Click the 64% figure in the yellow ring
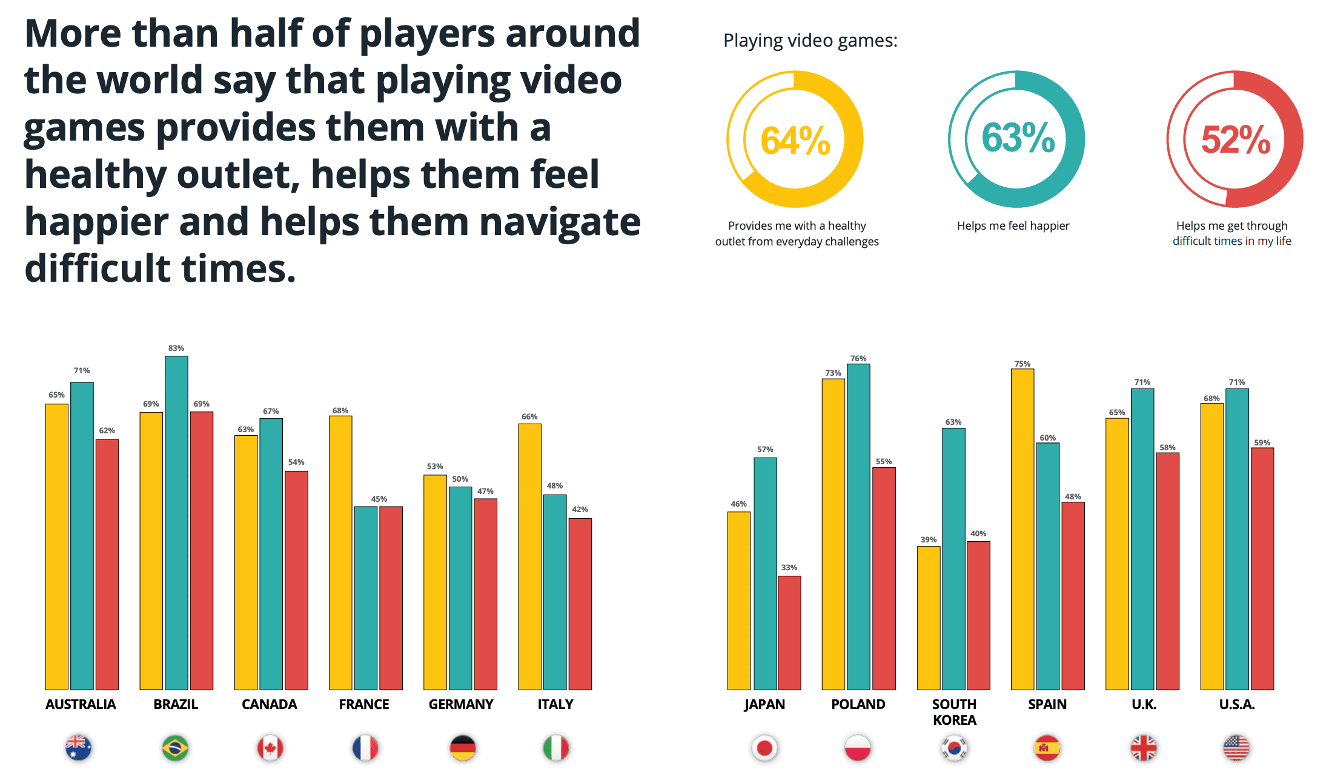point(795,141)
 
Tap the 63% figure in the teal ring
point(1018,138)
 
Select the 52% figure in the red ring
point(1235,140)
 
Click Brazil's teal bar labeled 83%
point(176,521)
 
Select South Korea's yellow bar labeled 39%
point(929,618)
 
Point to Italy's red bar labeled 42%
point(580,604)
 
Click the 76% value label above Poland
point(858,359)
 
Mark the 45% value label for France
point(379,499)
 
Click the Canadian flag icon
point(270,748)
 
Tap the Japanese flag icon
point(764,748)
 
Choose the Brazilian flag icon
point(175,748)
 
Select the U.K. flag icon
point(1144,748)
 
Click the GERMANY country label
point(461,704)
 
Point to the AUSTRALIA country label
point(81,704)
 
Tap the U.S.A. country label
point(1237,704)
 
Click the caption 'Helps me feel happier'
point(1013,226)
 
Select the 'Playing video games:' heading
point(810,41)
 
